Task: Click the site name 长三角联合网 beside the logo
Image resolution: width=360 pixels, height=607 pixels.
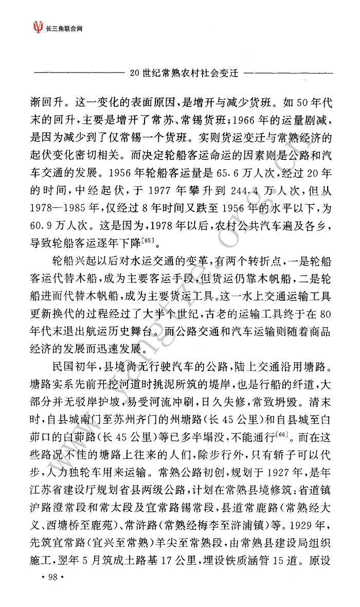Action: pos(64,26)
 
